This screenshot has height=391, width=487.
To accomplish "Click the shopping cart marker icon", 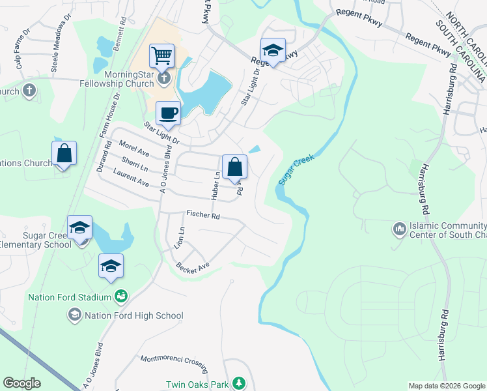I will click(161, 55).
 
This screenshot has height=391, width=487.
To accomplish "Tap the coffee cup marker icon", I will click(169, 113).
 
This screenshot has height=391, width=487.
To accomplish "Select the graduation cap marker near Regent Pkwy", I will click(273, 50).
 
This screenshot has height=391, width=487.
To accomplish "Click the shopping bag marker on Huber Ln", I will click(234, 167).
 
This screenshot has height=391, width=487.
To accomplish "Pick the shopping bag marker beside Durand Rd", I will click(64, 154).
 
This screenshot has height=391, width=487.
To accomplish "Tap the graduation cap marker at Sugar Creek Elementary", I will click(79, 229).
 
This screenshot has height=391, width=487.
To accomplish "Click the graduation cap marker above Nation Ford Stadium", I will click(111, 267).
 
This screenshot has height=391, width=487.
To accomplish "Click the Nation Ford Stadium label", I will click(70, 298).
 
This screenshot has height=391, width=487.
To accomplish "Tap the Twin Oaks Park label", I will click(197, 384).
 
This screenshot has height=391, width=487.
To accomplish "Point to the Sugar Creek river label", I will click(296, 169).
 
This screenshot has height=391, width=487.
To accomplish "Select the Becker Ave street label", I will click(192, 267).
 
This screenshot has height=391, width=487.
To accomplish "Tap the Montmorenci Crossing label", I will click(174, 360).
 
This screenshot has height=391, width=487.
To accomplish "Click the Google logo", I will click(21, 383).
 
